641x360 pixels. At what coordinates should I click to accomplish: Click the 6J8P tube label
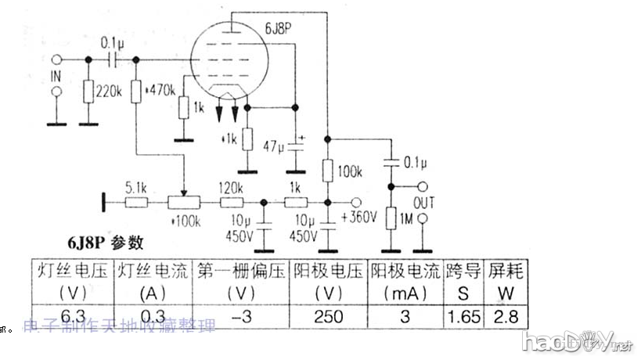pos(278,29)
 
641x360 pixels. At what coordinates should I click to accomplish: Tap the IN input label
pos(55,76)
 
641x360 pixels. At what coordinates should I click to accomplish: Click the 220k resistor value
pos(106,91)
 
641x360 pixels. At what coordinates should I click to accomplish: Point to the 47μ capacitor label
pos(275,146)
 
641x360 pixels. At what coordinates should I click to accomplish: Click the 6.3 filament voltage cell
pos(73,315)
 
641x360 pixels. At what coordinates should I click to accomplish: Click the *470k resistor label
pos(161,91)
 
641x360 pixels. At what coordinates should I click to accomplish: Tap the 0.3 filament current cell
pos(153,315)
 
